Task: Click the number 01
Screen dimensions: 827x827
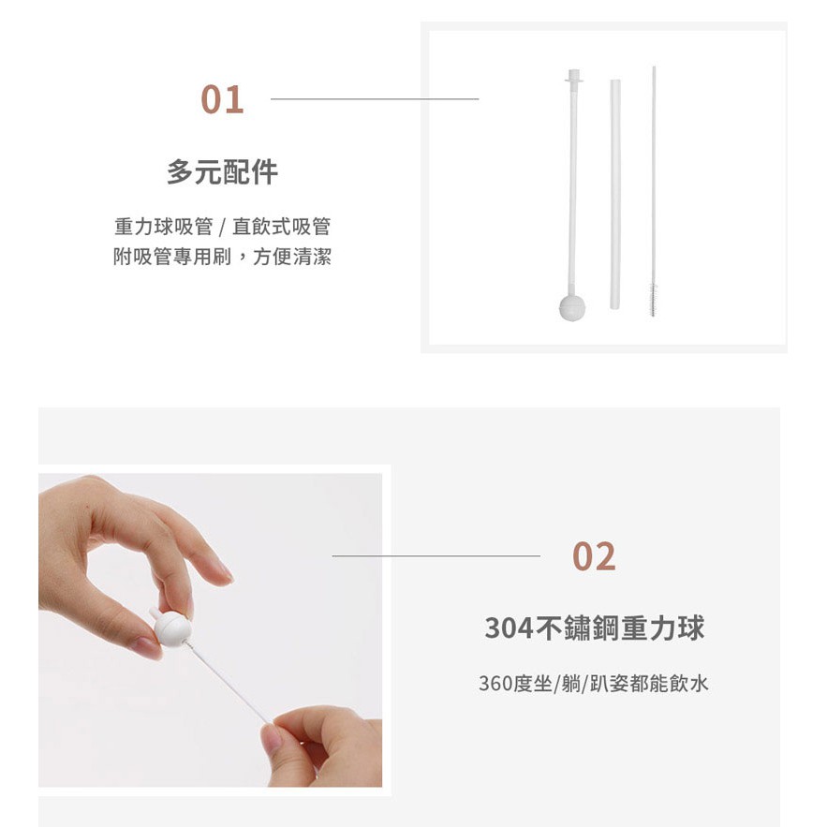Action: [222, 99]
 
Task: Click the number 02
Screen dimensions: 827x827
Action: [594, 556]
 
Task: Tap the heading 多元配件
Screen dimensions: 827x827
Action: [222, 172]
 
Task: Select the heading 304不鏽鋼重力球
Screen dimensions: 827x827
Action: [594, 628]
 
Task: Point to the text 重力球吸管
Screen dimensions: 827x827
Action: [164, 227]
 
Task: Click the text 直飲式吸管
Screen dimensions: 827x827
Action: [281, 227]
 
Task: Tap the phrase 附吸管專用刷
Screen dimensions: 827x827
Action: [172, 257]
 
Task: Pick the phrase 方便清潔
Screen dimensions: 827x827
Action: [292, 257]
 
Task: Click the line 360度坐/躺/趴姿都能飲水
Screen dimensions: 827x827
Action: [594, 684]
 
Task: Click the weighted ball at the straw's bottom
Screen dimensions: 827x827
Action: [572, 307]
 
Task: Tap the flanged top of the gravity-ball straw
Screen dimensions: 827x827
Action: [574, 77]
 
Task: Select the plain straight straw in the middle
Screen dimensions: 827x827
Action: [615, 194]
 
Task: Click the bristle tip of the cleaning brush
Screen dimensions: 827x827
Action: [654, 299]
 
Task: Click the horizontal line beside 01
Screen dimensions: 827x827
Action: [375, 98]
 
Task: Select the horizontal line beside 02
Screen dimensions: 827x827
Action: [436, 556]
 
